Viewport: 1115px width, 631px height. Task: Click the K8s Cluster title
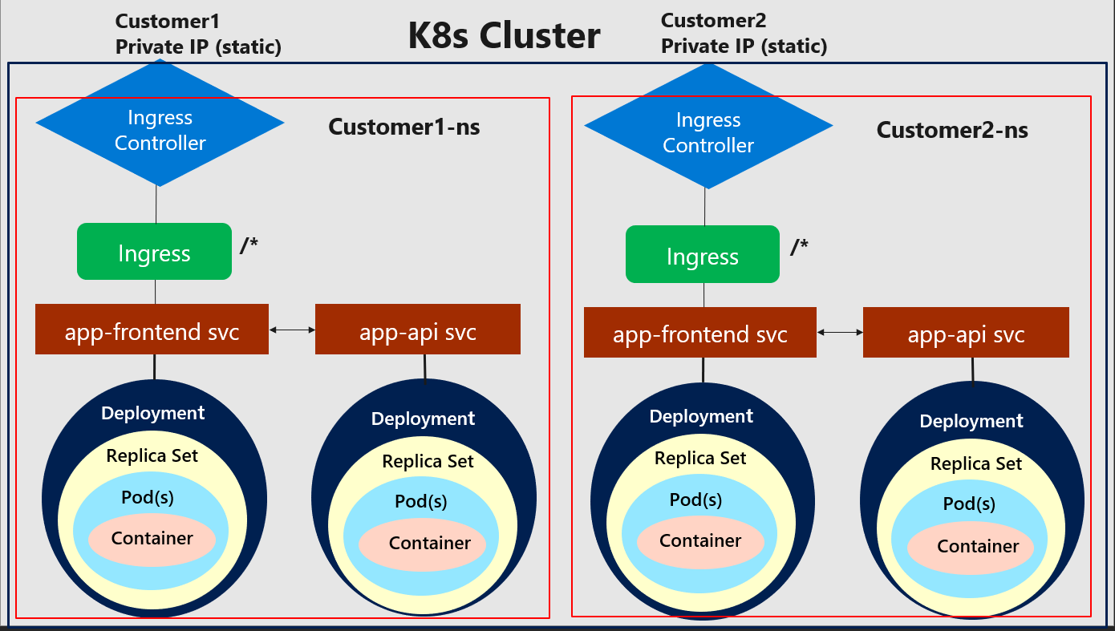(x=504, y=36)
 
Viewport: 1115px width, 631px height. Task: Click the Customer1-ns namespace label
(x=404, y=127)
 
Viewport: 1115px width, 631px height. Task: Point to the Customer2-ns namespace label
(x=952, y=130)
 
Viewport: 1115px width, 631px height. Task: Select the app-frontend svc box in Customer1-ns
(x=152, y=330)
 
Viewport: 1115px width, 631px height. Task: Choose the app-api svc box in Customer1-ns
(x=417, y=330)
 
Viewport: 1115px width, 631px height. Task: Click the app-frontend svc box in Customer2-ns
(x=699, y=333)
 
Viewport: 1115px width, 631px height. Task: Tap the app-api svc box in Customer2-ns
(x=966, y=333)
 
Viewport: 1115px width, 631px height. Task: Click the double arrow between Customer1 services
(x=292, y=330)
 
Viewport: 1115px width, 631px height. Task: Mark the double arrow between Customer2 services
(x=840, y=332)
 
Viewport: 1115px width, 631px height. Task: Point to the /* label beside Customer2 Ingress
(x=798, y=247)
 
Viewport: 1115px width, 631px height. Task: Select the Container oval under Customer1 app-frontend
(x=152, y=539)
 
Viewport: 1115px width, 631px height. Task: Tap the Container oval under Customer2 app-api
(x=977, y=547)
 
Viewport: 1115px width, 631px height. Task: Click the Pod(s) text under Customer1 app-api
(x=420, y=502)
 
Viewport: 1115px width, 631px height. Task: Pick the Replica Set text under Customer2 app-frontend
(x=700, y=459)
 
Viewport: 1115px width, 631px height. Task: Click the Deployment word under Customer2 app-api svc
(x=971, y=421)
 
